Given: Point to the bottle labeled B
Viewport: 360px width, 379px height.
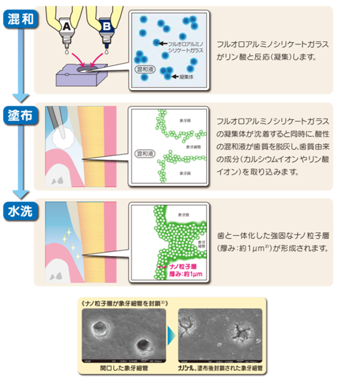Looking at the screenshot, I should tap(107, 26).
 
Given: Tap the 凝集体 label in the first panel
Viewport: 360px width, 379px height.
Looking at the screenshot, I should tap(182, 76).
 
